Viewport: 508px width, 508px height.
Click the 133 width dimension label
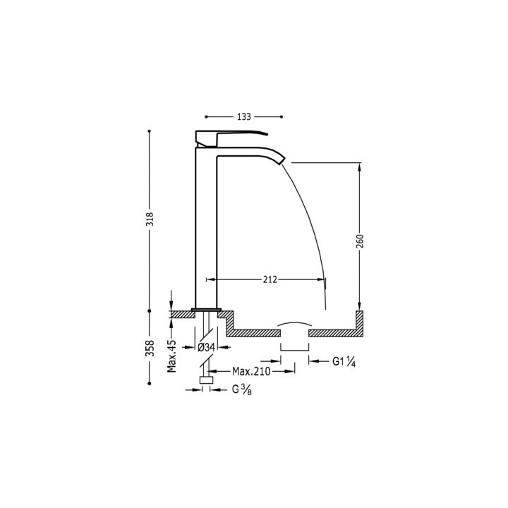pyautogui.click(x=243, y=116)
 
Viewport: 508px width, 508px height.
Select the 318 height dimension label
pyautogui.click(x=150, y=219)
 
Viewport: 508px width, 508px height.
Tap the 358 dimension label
pyautogui.click(x=150, y=349)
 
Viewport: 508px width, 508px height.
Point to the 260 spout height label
pyautogui.click(x=360, y=241)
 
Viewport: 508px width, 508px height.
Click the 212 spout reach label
pyautogui.click(x=270, y=279)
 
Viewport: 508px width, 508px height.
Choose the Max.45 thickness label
pyautogui.click(x=171, y=356)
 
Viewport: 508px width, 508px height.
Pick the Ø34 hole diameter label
pyautogui.click(x=206, y=347)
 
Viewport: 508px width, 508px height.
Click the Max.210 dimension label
pyautogui.click(x=251, y=371)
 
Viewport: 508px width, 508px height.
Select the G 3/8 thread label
pyautogui.click(x=242, y=389)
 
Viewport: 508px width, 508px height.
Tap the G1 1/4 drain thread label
pyautogui.click(x=344, y=361)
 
